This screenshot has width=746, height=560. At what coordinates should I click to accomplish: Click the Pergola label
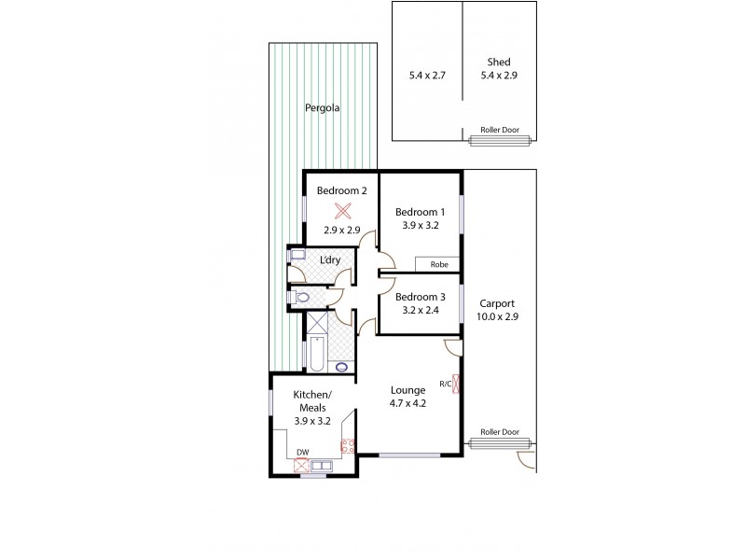click(323, 108)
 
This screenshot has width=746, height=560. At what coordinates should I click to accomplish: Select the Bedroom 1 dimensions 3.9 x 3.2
click(420, 226)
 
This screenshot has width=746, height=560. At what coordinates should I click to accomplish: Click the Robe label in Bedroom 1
click(438, 265)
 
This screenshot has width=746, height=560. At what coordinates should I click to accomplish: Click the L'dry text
click(329, 259)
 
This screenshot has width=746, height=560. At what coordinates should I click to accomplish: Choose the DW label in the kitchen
click(302, 453)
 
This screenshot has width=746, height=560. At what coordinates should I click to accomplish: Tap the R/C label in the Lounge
click(445, 384)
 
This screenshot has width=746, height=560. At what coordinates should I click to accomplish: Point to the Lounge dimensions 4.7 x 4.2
click(408, 403)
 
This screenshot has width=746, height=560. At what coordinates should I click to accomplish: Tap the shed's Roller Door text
click(498, 130)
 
